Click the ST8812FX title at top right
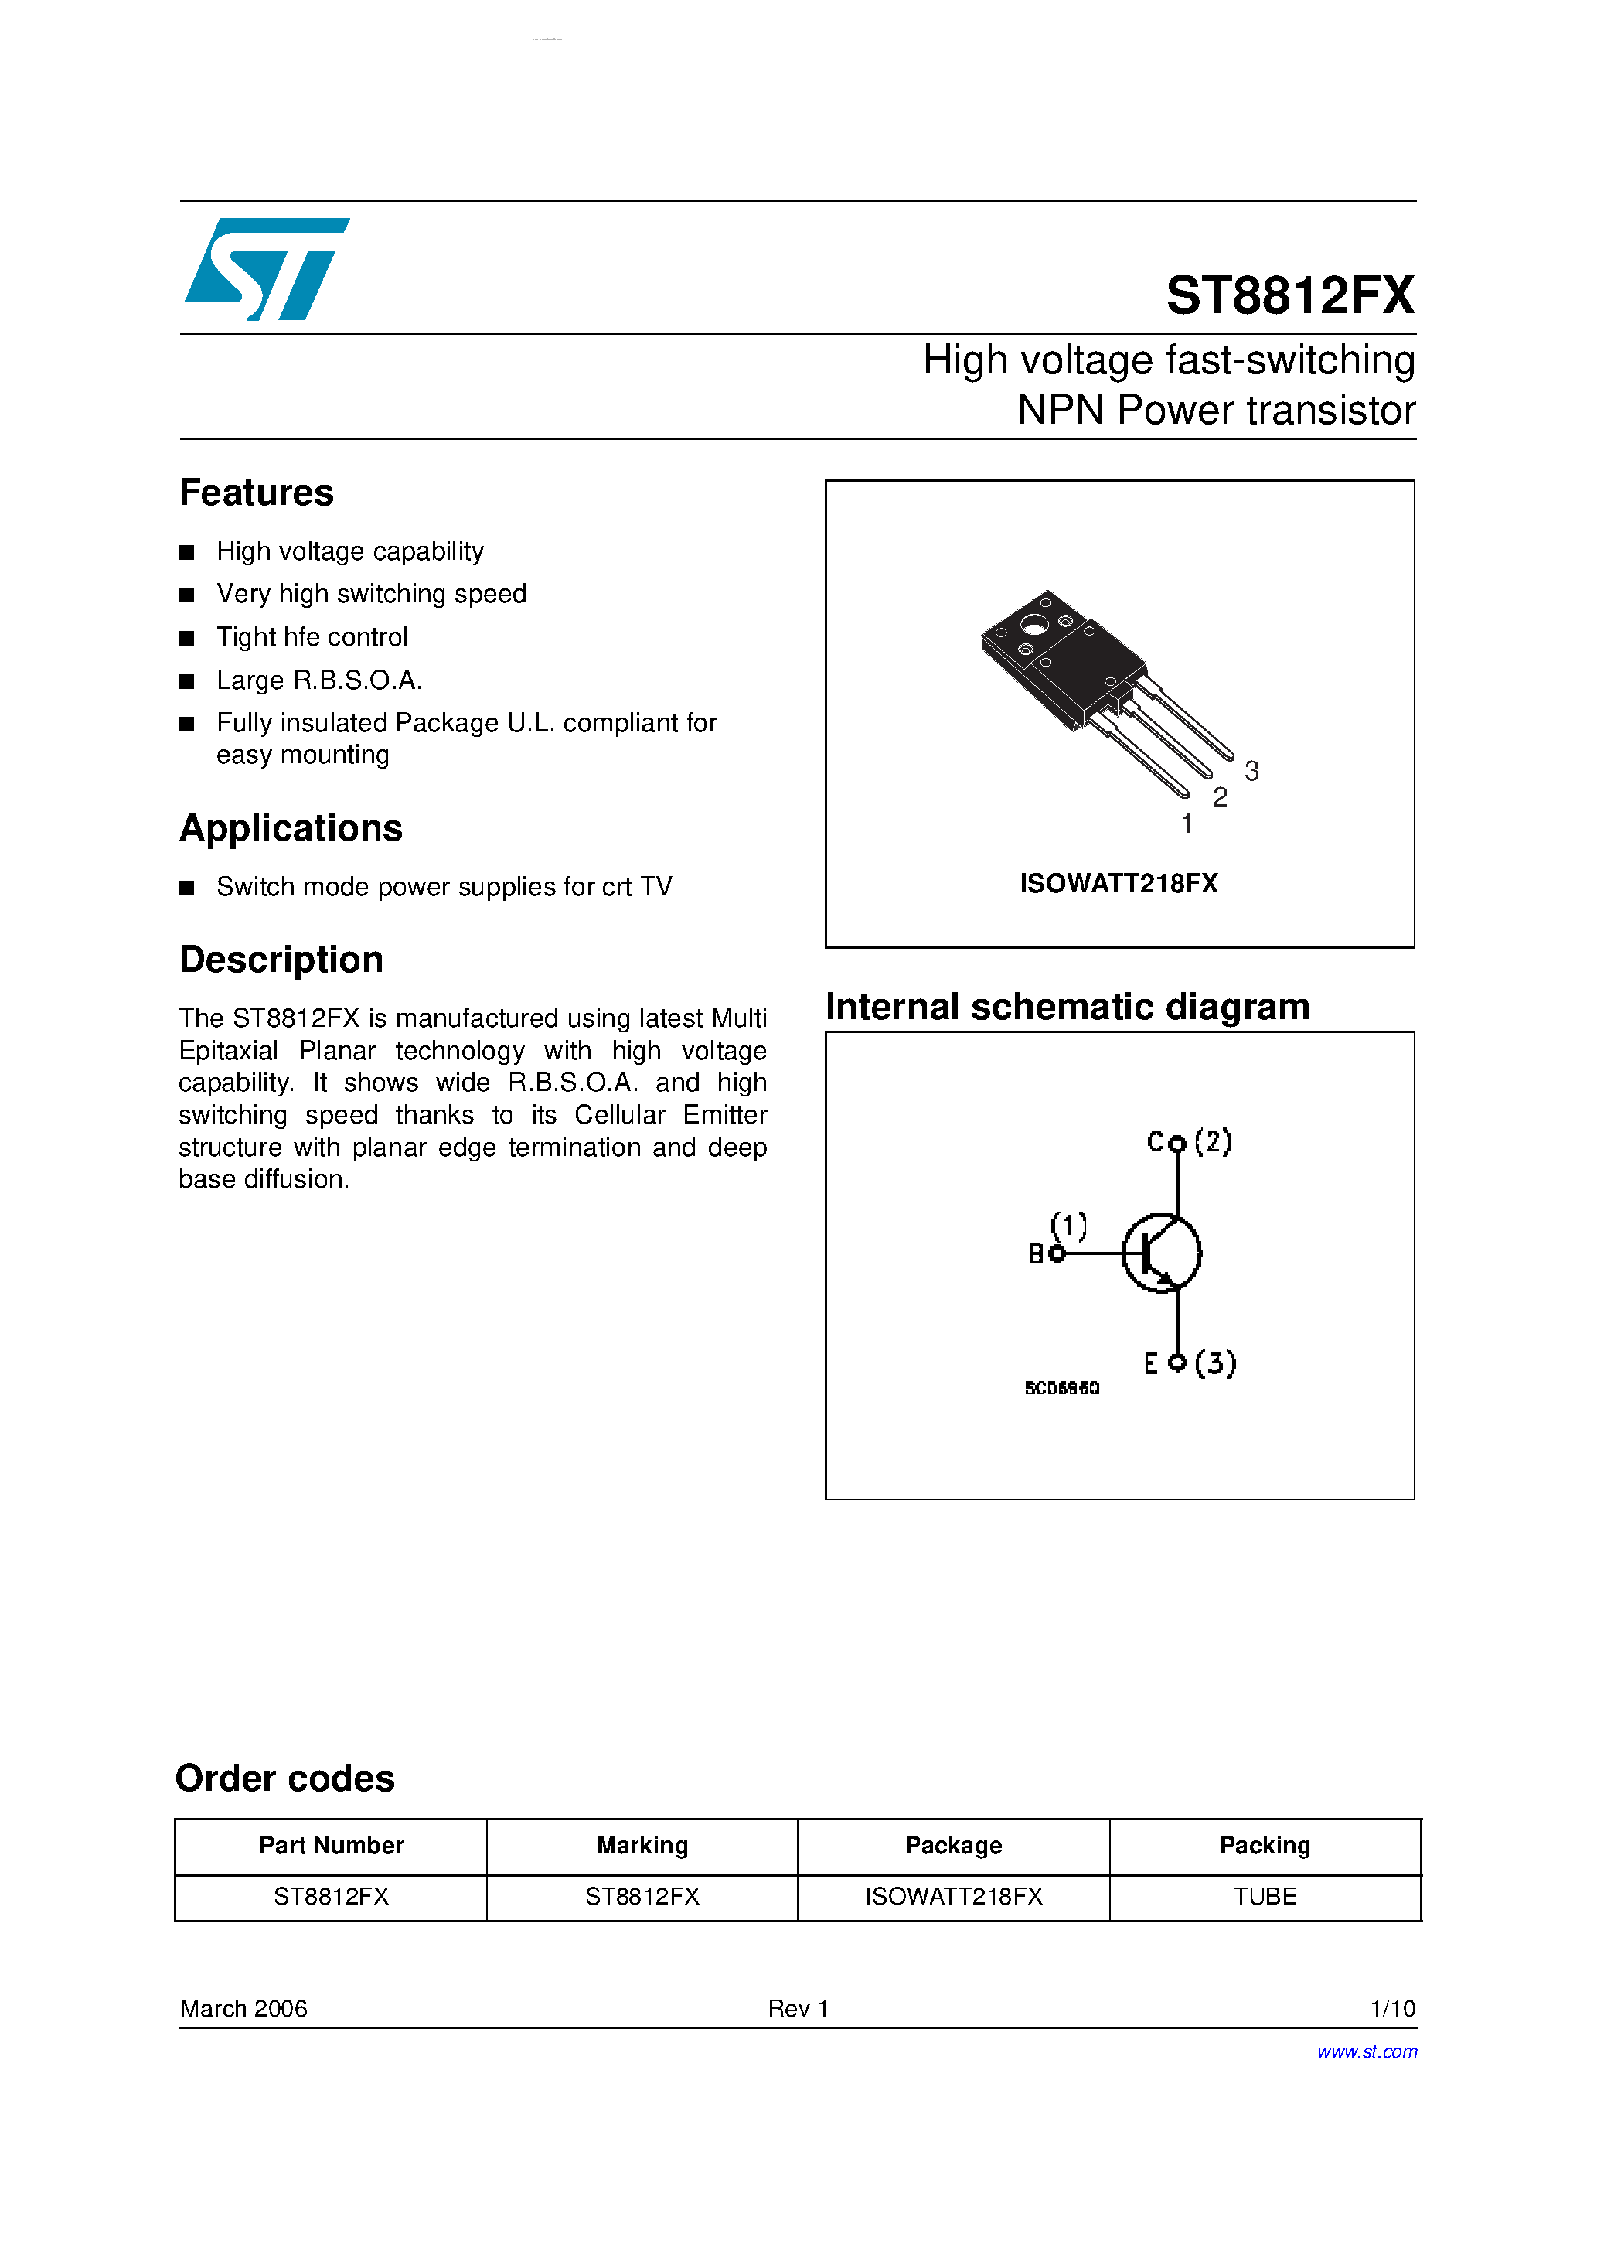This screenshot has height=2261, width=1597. pyautogui.click(x=1290, y=295)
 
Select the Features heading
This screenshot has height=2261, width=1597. pyautogui.click(x=256, y=493)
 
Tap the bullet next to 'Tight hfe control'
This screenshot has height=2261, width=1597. pyautogui.click(x=187, y=638)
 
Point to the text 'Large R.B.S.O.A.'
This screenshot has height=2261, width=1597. pyautogui.click(x=319, y=680)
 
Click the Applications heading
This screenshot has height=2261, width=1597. pyautogui.click(x=291, y=828)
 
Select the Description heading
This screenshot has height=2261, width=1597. pyautogui.click(x=281, y=959)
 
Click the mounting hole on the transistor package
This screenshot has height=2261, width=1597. pyautogui.click(x=1033, y=623)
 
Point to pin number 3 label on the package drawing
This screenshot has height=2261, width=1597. pyautogui.click(x=1251, y=771)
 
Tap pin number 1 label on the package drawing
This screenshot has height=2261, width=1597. pyautogui.click(x=1187, y=824)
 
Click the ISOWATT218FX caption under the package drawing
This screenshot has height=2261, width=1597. pyautogui.click(x=1119, y=883)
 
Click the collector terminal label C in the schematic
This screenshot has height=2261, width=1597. pyautogui.click(x=1155, y=1141)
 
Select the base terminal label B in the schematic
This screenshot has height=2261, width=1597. pyautogui.click(x=1036, y=1253)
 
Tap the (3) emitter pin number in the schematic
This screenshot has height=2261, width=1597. pyautogui.click(x=1215, y=1363)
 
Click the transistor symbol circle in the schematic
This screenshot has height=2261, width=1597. pyautogui.click(x=1162, y=1253)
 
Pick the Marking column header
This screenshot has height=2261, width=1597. pyautogui.click(x=642, y=1846)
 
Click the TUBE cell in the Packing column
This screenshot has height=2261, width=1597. pyautogui.click(x=1265, y=1897)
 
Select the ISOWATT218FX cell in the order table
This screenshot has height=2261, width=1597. pyautogui.click(x=953, y=1897)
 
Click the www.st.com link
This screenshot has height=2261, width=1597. pyautogui.click(x=1367, y=2051)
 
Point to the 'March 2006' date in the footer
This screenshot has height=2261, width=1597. pyautogui.click(x=243, y=2008)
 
